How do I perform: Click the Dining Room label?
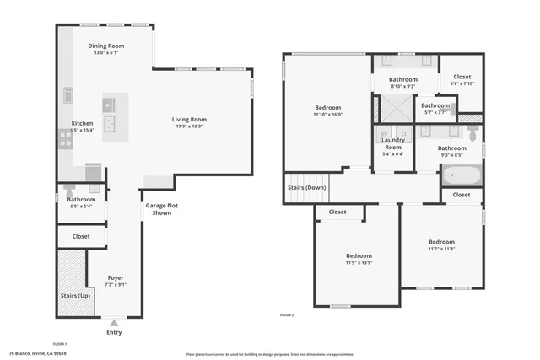click(x=106, y=46)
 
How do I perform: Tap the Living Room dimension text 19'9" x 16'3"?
click(x=190, y=127)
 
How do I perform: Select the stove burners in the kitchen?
click(x=65, y=139)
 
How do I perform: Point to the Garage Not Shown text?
click(x=161, y=209)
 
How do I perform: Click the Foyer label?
click(x=116, y=277)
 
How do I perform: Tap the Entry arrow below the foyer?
click(x=115, y=322)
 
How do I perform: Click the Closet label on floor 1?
click(x=81, y=237)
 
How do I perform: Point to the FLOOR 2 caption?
click(x=287, y=314)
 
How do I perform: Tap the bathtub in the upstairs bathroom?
click(x=461, y=177)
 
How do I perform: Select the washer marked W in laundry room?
click(x=384, y=133)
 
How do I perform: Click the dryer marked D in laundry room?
click(x=403, y=133)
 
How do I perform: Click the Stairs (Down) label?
click(x=307, y=187)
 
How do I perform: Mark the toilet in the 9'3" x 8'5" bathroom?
click(x=473, y=133)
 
